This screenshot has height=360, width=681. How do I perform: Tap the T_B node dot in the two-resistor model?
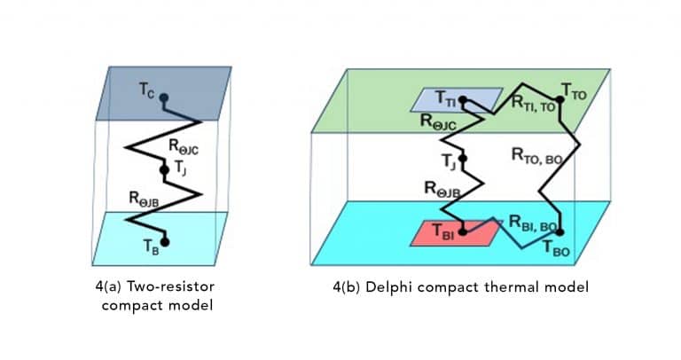(x=164, y=240)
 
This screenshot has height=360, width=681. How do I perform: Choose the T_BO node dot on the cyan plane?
(x=558, y=234)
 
